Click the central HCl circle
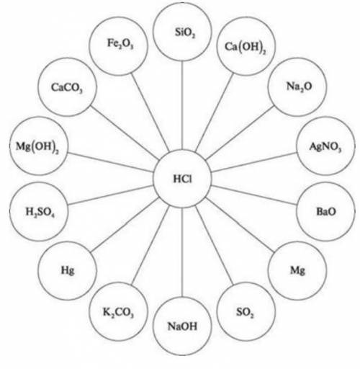tap(182, 179)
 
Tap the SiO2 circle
tap(182, 32)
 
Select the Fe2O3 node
tap(118, 46)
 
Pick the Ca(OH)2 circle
tap(246, 46)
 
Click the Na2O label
tap(299, 86)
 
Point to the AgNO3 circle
tap(325, 146)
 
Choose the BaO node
tap(325, 211)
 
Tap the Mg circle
tap(297, 271)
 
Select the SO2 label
tap(245, 312)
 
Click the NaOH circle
tap(182, 326)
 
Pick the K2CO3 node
tap(118, 311)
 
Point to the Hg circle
tap(67, 271)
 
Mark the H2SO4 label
tap(40, 212)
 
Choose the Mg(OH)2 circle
tap(39, 146)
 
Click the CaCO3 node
tap(67, 87)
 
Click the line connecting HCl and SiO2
tap(182, 105)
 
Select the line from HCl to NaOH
tap(182, 252)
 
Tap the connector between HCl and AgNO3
tap(254, 162)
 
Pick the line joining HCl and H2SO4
tap(111, 195)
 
